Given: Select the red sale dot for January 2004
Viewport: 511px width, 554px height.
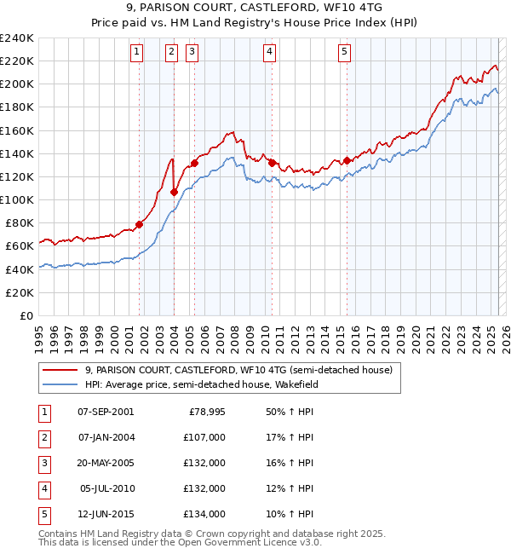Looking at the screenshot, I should [x=174, y=192].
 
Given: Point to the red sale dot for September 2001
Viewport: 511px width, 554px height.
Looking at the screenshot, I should [x=139, y=224].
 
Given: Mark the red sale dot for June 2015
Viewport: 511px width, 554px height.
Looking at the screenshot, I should [x=347, y=160].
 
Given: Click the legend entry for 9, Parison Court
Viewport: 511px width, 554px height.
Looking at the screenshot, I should [x=238, y=371].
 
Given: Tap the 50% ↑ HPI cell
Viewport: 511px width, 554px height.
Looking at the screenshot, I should [x=290, y=412].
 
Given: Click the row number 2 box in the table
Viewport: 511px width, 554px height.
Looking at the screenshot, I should [x=43, y=437].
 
